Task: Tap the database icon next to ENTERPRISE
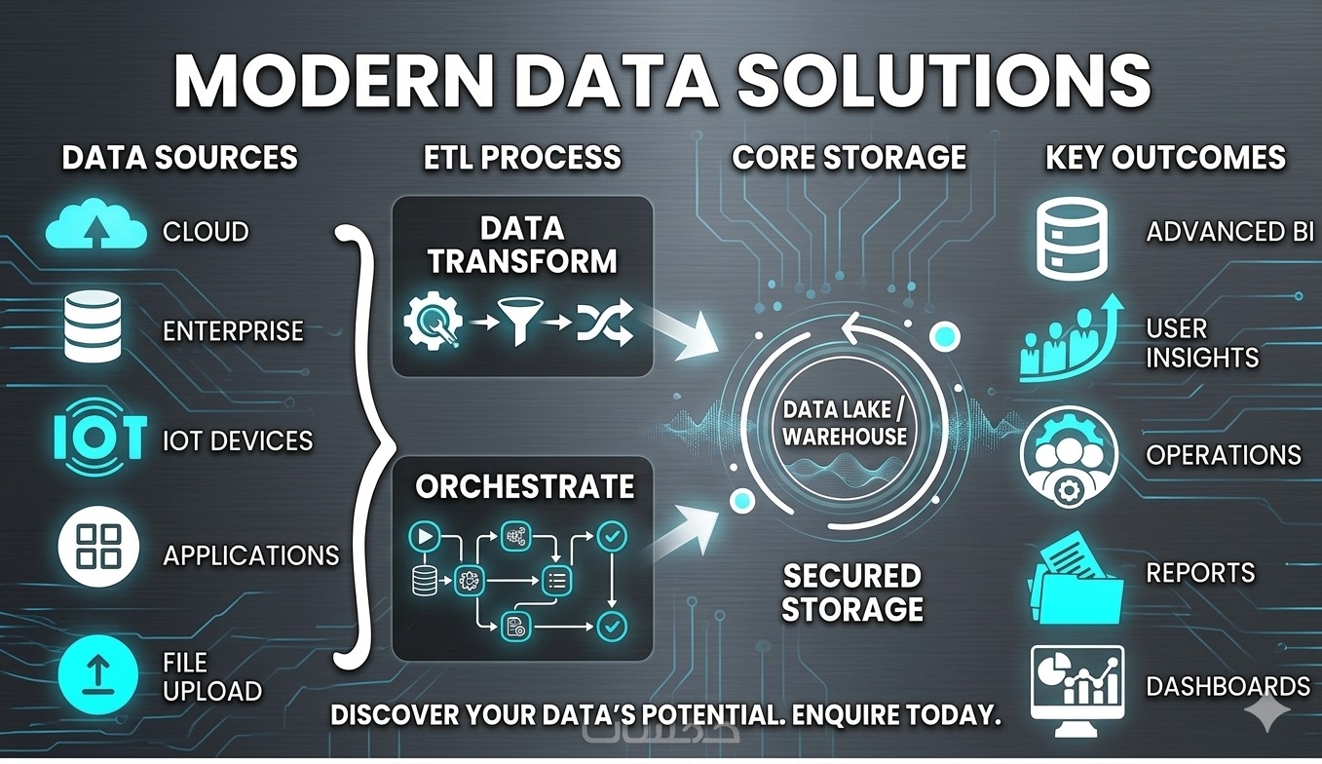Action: (x=92, y=328)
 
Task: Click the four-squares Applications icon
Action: (x=96, y=548)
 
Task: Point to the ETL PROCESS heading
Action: (x=522, y=158)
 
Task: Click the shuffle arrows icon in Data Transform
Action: (x=604, y=322)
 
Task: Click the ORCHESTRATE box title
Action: (x=524, y=486)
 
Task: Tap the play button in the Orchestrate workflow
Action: (x=425, y=535)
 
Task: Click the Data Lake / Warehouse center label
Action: (x=846, y=422)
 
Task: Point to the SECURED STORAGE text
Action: (x=852, y=592)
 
